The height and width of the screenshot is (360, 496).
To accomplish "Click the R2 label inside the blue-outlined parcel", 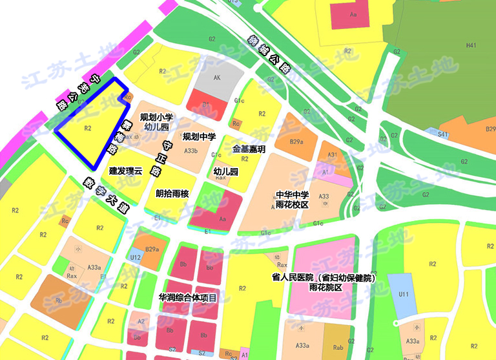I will (x=88, y=128).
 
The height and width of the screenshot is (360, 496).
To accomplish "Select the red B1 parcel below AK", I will (x=207, y=103).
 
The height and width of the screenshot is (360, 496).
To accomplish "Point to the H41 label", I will (x=471, y=45).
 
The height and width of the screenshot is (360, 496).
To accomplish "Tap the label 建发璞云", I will (x=125, y=171).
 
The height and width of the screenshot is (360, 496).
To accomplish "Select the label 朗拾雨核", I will (x=172, y=193).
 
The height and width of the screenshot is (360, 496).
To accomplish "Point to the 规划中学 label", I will (x=199, y=137).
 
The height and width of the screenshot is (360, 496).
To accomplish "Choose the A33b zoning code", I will (x=191, y=151).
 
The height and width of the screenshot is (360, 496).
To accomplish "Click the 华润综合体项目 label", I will (x=187, y=298).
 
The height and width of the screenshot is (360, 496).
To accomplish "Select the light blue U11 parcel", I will (x=404, y=295).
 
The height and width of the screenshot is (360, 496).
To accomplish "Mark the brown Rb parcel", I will (x=58, y=300).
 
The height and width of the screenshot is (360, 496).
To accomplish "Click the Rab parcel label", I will (x=338, y=348).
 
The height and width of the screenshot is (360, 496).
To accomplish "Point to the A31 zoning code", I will (x=333, y=155).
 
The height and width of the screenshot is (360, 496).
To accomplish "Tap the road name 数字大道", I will (x=107, y=196).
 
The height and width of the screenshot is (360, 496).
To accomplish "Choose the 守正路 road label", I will (x=161, y=159).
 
